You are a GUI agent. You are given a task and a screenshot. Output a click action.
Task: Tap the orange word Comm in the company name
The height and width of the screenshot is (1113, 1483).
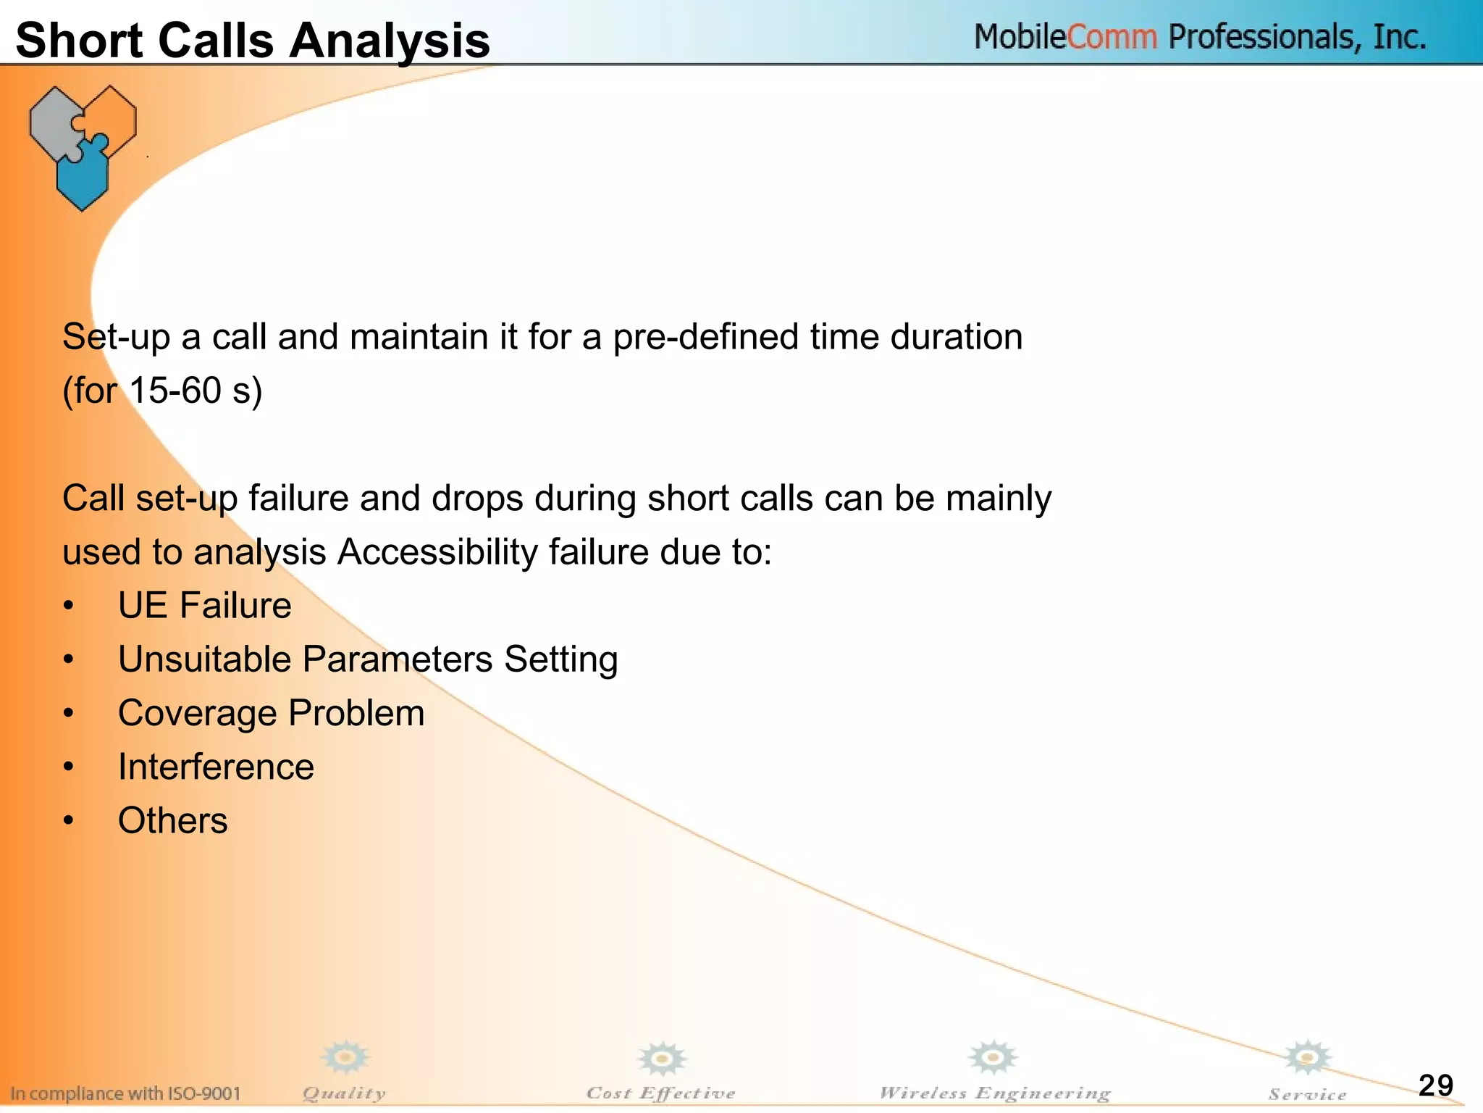[x=1112, y=36]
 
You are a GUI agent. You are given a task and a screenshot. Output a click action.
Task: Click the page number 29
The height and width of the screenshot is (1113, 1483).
[x=1435, y=1085]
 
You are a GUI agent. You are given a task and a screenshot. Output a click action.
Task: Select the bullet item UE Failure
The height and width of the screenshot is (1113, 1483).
[x=204, y=605]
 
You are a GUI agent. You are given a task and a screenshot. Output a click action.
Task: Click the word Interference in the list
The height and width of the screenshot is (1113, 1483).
[x=216, y=767]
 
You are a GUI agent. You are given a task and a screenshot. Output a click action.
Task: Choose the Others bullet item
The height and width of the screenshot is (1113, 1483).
[x=172, y=820]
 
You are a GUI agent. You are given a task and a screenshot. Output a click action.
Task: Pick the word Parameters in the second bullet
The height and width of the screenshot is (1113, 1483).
[x=397, y=659]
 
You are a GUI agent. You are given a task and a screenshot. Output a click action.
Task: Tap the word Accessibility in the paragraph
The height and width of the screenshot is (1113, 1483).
[x=437, y=552]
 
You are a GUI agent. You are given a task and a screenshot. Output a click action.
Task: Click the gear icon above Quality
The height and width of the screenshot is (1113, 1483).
[x=346, y=1058]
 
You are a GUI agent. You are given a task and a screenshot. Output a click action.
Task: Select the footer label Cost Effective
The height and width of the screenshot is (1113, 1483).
[x=660, y=1093]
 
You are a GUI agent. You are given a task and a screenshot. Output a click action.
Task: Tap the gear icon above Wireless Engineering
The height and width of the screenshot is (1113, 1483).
[x=993, y=1058]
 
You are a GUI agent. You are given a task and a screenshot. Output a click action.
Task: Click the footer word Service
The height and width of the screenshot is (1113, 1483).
[x=1307, y=1094]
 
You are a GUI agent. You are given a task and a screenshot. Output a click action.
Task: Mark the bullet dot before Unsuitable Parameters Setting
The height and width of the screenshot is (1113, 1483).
[x=68, y=659]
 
